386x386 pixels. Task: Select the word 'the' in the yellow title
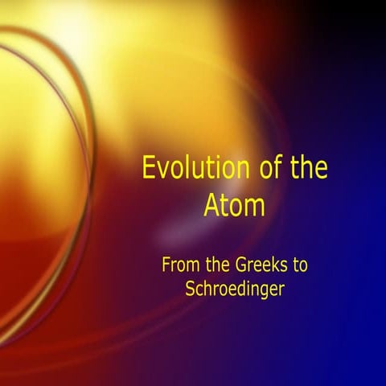tap(306, 170)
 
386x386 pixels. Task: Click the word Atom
tap(234, 206)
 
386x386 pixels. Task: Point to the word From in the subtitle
tap(181, 264)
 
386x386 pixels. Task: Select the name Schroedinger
tap(234, 289)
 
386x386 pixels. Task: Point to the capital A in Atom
tap(211, 206)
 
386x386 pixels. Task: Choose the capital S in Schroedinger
tap(190, 289)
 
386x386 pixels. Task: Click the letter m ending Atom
tap(255, 207)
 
